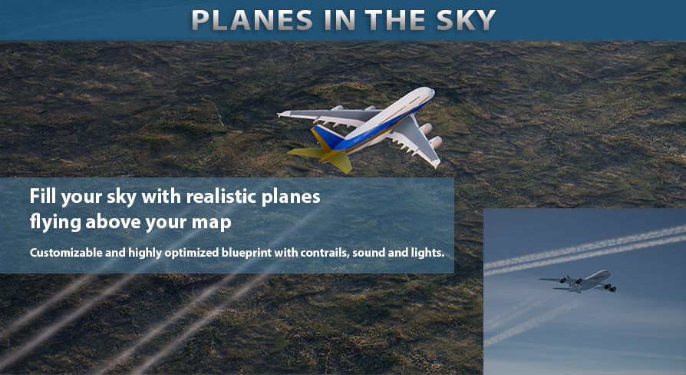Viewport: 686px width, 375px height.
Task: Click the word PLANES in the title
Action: pyautogui.click(x=252, y=20)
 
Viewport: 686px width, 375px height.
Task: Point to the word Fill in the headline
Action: pyautogui.click(x=43, y=196)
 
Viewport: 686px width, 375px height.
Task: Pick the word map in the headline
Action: pyautogui.click(x=211, y=223)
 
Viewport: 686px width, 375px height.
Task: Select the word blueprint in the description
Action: pyautogui.click(x=247, y=253)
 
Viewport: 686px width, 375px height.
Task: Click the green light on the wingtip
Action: pyautogui.click(x=441, y=158)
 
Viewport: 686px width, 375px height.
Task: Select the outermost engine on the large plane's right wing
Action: pyautogui.click(x=435, y=142)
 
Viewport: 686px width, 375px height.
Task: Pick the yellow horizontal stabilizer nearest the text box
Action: pyautogui.click(x=305, y=152)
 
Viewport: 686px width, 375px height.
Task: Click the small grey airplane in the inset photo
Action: pyautogui.click(x=578, y=281)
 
